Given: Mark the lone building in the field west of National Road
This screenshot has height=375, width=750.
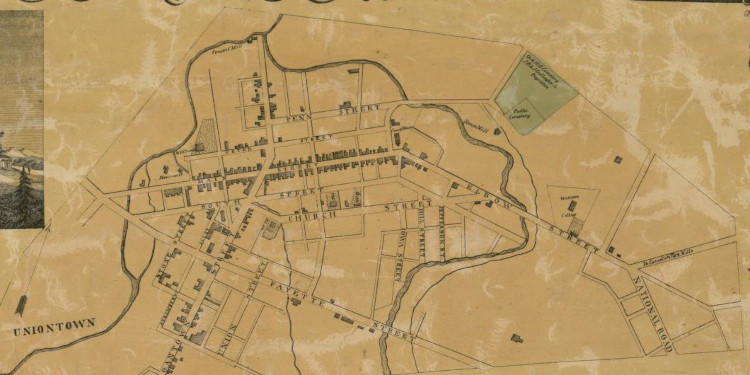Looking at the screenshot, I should tap(516, 338).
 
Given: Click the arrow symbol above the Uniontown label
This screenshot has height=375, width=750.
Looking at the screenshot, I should tap(20, 304).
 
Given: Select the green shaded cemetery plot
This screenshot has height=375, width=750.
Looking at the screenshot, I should tap(536, 95).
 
